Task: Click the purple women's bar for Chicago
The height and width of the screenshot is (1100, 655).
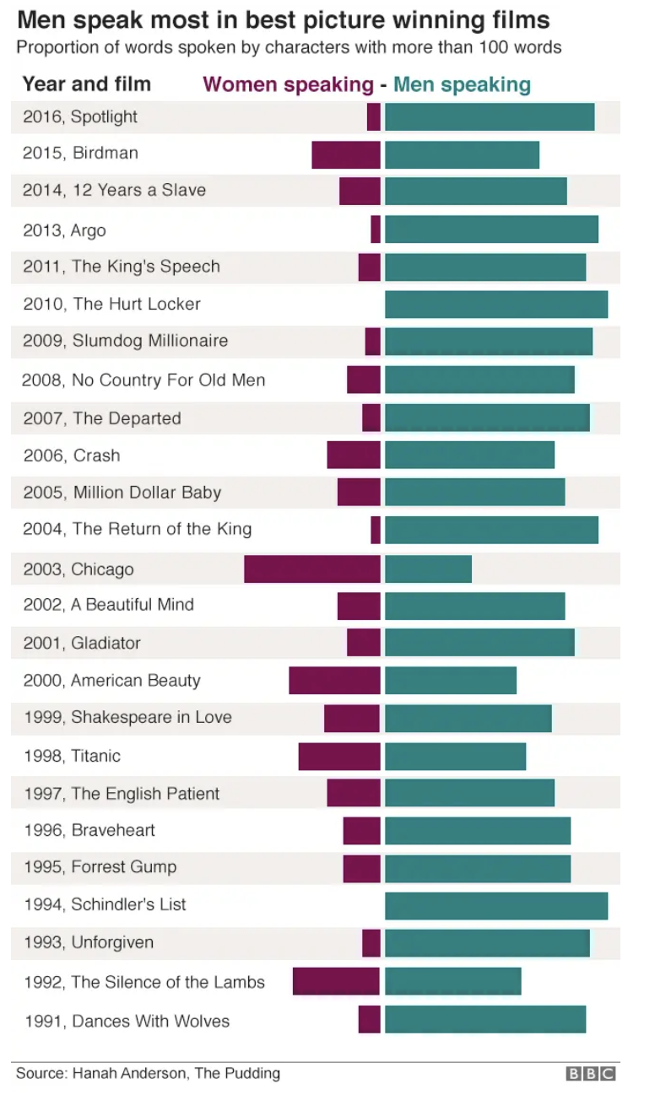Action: (x=312, y=569)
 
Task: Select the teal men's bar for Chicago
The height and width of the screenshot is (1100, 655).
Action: (x=428, y=569)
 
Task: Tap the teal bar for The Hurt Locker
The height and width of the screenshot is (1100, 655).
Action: (x=496, y=304)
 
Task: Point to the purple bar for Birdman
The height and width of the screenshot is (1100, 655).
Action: (x=346, y=154)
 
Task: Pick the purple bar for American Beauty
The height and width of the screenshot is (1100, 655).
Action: (x=334, y=680)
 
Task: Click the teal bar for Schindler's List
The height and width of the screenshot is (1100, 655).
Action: (x=496, y=905)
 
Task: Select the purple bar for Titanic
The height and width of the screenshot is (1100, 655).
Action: (x=339, y=756)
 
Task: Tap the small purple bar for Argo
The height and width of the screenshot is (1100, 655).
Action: (x=376, y=229)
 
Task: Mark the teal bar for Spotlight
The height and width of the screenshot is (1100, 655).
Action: (x=490, y=116)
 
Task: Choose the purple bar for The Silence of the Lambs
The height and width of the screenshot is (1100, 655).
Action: (x=336, y=981)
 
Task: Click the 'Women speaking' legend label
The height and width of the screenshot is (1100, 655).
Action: (x=288, y=84)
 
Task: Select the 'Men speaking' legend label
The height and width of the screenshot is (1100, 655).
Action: (x=462, y=84)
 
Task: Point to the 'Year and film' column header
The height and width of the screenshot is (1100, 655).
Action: (x=87, y=84)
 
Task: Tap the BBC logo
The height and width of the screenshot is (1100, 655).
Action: (x=591, y=1074)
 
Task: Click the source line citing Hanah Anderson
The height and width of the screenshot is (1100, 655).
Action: (x=149, y=1073)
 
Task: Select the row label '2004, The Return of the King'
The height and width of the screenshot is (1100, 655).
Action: (x=138, y=530)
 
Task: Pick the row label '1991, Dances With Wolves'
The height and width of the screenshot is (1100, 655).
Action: (x=127, y=1021)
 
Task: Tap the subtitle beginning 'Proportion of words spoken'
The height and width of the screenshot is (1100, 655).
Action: (x=289, y=47)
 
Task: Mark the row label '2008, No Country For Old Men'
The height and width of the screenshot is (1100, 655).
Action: (x=143, y=380)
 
